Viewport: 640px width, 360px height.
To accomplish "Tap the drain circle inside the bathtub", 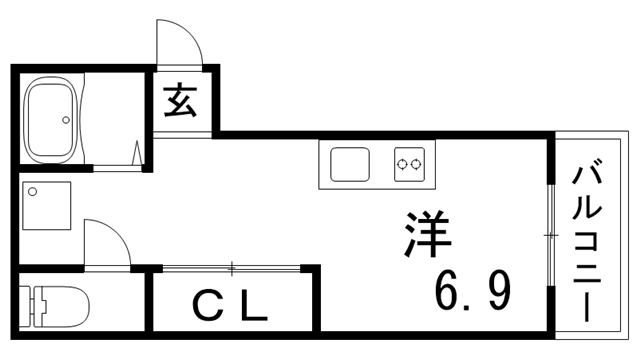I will pos(67,122).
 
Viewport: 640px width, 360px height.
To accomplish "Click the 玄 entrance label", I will pos(180,101).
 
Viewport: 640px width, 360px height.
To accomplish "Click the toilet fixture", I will pos(55,306).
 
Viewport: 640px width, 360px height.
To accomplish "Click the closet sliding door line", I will pos(231,267).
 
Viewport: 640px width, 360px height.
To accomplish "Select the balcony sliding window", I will pos(550,235).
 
